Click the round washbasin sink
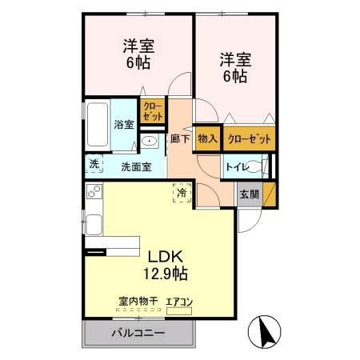[150, 142]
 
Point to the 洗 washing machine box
[94, 165]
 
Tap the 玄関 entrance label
[248, 194]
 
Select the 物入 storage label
[207, 139]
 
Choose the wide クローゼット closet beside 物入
[249, 139]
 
